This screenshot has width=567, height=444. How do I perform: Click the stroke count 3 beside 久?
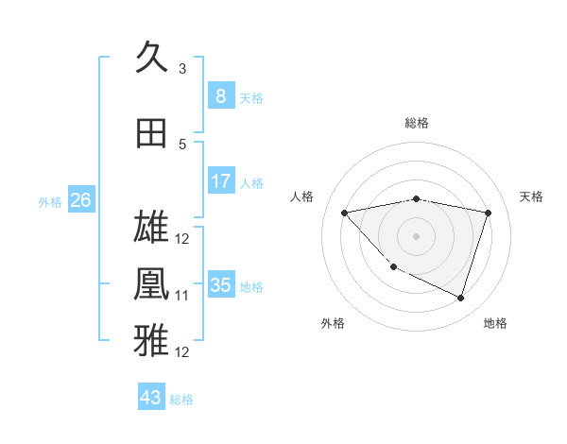pos(182,69)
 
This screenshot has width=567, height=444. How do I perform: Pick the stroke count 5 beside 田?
pos(182,145)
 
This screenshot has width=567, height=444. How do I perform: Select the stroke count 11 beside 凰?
pos(182,296)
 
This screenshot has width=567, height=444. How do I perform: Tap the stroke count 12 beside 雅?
pos(182,352)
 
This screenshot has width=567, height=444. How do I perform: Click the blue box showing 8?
pos(220,96)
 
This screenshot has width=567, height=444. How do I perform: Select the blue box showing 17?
pos(220,181)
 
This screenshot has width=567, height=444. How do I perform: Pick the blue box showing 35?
pos(220,285)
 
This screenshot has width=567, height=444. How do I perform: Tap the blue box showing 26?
pos(80,200)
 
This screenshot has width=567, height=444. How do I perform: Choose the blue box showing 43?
pos(150,398)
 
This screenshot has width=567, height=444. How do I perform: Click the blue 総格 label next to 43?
pos(181,400)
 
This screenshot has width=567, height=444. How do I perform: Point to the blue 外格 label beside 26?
pos(50,201)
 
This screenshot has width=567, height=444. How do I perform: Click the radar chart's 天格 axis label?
pos(532,196)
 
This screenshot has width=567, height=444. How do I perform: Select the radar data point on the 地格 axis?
pos(460,299)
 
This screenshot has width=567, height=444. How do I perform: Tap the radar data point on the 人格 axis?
pos(345,213)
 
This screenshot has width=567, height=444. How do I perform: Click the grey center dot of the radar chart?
pos(416,235)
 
